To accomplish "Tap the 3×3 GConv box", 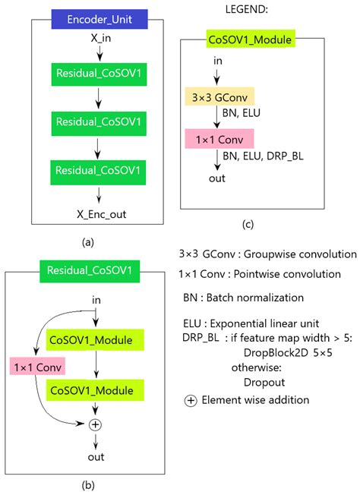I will click(x=219, y=96).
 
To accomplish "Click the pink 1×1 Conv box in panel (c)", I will click(x=219, y=139).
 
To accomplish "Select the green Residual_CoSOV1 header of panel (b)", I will click(x=88, y=270).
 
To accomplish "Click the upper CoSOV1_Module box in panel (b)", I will click(x=95, y=340).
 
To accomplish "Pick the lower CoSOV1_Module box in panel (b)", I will click(x=95, y=390).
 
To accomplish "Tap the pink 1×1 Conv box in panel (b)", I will click(x=36, y=367).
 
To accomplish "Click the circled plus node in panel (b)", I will click(x=95, y=425).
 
